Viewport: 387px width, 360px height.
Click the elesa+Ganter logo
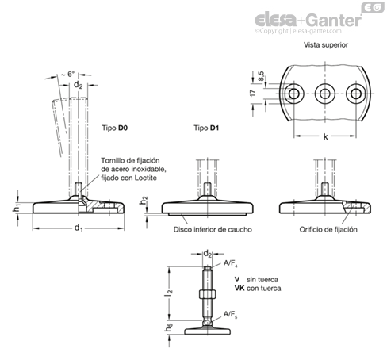tap(308, 20)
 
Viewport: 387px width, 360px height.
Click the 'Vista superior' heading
tap(326, 45)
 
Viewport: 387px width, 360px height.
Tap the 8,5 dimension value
tap(261, 76)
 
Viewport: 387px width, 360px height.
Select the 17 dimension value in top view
tap(253, 93)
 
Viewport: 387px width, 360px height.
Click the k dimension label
tap(325, 136)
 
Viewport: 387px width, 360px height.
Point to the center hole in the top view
tap(325, 94)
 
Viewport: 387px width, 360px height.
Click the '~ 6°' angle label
tap(68, 74)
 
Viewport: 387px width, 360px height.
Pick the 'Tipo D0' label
tap(115, 128)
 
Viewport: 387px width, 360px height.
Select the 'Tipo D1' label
tap(206, 128)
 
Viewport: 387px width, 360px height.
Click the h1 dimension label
tap(16, 208)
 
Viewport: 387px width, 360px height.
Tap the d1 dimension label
tap(79, 228)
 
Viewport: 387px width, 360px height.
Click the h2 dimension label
tap(144, 201)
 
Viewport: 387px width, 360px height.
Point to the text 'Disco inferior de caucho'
tap(213, 229)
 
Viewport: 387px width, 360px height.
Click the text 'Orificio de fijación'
tap(328, 229)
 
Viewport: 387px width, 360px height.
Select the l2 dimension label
tap(169, 293)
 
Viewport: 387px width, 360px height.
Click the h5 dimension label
tap(169, 327)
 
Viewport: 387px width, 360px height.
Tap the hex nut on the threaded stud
tap(207, 294)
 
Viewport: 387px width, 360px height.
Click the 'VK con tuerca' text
tap(258, 288)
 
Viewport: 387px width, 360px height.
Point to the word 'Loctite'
tap(146, 178)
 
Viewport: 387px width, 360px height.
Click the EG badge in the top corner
tap(373, 7)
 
